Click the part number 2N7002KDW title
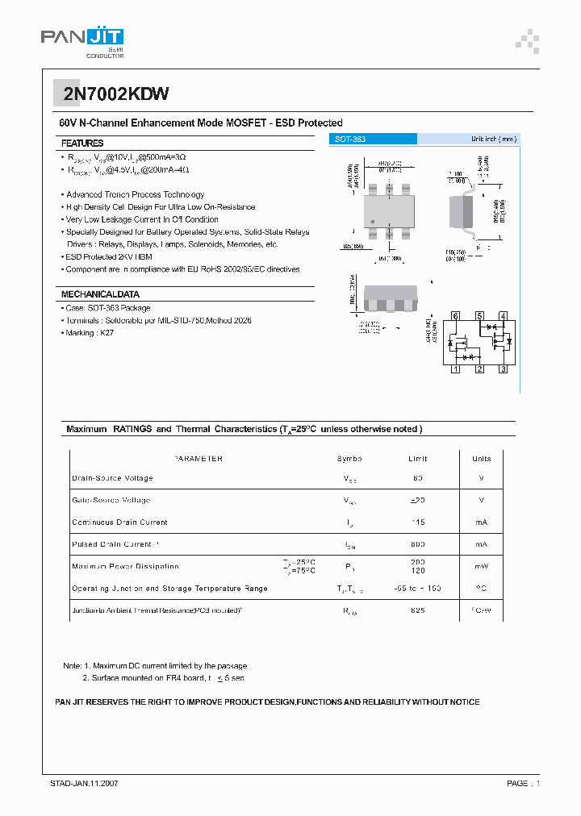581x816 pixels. [116, 94]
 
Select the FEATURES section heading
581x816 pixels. [82, 143]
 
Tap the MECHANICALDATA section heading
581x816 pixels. [100, 294]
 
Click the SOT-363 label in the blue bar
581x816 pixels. [350, 139]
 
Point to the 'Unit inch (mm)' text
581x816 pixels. [493, 139]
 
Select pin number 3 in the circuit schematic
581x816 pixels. [503, 369]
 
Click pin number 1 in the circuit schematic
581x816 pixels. [456, 369]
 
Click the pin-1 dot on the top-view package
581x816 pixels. [372, 222]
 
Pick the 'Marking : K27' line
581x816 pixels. [90, 333]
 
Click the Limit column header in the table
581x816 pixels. [417, 459]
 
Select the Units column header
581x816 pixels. [481, 459]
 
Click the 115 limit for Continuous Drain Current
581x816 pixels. [417, 522]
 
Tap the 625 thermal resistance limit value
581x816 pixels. [417, 610]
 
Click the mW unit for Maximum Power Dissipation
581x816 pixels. [481, 566]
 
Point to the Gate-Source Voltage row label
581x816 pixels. [111, 500]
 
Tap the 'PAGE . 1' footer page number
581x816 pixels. [523, 784]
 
